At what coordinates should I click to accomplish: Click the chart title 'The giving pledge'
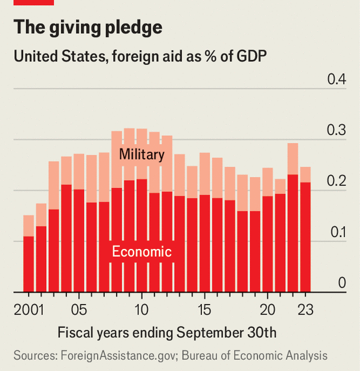[x=88, y=28]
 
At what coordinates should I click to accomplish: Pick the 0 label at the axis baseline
[x=342, y=283]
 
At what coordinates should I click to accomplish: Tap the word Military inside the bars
[x=141, y=155]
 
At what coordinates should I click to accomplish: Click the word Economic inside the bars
[x=142, y=251]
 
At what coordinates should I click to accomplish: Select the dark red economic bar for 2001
[x=28, y=264]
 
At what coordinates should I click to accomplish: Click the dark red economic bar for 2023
[x=306, y=237]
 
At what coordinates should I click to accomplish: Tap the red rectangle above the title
[x=33, y=2]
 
